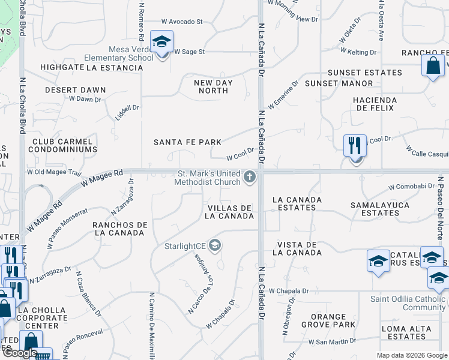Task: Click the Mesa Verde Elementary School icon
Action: pyautogui.click(x=161, y=42)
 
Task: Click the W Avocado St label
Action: pyautogui.click(x=182, y=22)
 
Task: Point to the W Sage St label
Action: pyautogui.click(x=189, y=52)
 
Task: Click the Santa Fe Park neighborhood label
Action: pyautogui.click(x=187, y=142)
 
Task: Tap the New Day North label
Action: pyautogui.click(x=213, y=86)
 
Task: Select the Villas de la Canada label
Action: pyautogui.click(x=229, y=212)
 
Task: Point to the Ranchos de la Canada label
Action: pyautogui.click(x=120, y=229)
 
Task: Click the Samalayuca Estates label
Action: pyautogui.click(x=381, y=209)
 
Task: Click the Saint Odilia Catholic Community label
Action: pyautogui.click(x=408, y=304)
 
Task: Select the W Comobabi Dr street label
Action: pyautogui.click(x=411, y=187)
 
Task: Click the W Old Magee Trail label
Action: pyautogui.click(x=53, y=173)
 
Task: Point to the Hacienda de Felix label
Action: pyautogui.click(x=375, y=104)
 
